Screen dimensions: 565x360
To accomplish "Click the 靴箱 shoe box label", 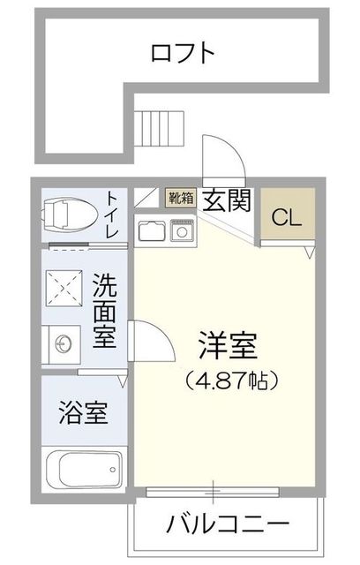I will tap(181, 198).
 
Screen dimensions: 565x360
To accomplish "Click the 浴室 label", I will tap(84, 413).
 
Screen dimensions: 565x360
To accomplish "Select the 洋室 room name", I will tap(227, 346).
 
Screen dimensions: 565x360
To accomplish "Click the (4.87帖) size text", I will tap(232, 381).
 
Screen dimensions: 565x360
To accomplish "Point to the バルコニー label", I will tap(227, 524).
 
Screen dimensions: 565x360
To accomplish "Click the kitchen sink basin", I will tap(151, 231).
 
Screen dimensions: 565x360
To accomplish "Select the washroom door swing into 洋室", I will tap(150, 340).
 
